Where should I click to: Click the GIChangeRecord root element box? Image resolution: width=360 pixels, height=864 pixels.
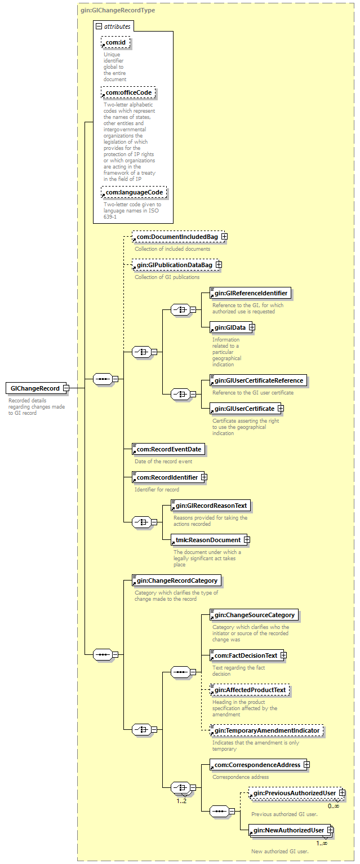34,388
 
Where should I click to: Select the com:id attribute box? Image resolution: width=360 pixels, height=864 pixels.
116,42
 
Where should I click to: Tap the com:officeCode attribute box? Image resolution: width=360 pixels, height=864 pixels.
128,92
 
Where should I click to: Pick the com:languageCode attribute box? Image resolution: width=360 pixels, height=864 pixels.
134,193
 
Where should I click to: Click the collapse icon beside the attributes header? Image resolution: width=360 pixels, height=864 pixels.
99,26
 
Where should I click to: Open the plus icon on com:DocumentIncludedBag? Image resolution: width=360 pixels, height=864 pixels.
224,237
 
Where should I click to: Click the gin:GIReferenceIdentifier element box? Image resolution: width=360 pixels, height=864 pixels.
250,293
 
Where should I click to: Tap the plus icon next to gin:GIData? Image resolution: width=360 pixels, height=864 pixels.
252,327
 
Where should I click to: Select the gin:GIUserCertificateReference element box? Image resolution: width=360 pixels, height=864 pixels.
257,380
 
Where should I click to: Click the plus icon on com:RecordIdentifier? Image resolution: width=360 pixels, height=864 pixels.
204,477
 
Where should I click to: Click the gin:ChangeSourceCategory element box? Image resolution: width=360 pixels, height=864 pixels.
254,615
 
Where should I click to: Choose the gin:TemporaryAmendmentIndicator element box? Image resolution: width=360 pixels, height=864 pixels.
266,730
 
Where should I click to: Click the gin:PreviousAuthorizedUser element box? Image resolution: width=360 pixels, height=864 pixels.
293,794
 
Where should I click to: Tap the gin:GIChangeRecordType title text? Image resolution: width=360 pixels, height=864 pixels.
118,10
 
